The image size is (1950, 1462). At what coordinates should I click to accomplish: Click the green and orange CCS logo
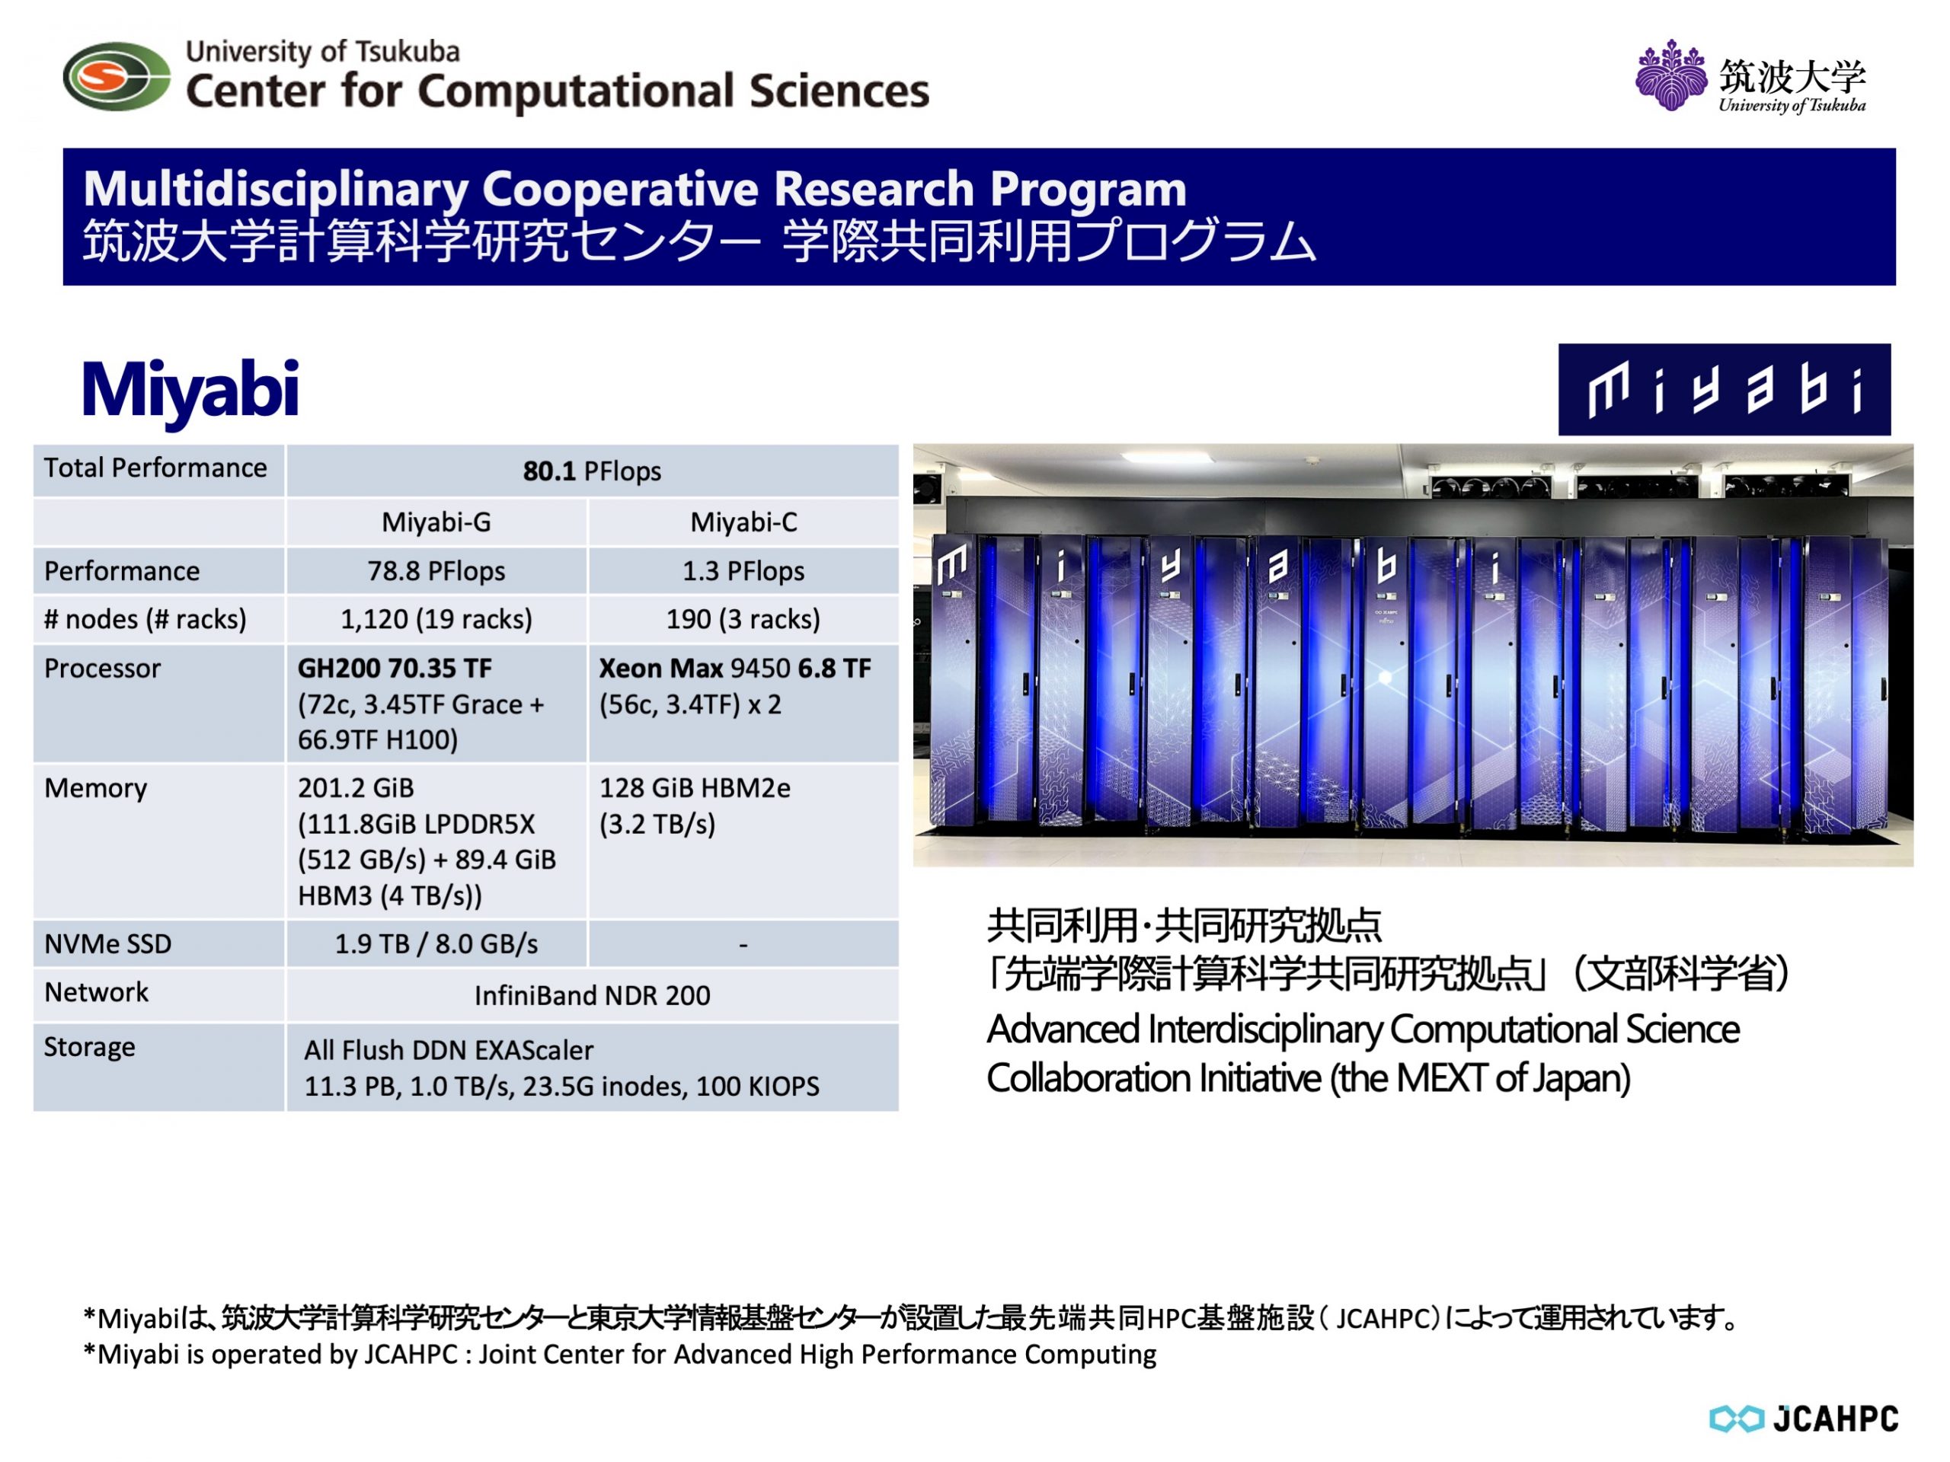[117, 77]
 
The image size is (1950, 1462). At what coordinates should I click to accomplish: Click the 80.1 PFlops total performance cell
[592, 471]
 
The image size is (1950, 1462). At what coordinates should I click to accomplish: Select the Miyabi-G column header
[436, 522]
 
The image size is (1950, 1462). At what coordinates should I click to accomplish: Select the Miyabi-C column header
[744, 522]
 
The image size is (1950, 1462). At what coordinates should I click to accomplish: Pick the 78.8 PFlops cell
[436, 571]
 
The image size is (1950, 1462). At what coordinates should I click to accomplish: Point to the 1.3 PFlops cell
[744, 571]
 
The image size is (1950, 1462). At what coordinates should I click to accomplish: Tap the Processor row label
[102, 668]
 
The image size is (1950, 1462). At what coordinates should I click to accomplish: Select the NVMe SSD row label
[107, 943]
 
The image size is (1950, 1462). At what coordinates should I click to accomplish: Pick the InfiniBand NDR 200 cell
[592, 996]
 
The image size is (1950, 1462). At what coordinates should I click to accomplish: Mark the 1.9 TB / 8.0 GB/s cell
[436, 943]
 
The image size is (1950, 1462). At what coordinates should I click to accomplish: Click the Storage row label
[90, 1047]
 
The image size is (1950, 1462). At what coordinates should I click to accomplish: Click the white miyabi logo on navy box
[1725, 390]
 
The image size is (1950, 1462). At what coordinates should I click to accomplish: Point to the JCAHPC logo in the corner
[1804, 1419]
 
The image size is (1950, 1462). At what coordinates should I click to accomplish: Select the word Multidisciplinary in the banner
[276, 190]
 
